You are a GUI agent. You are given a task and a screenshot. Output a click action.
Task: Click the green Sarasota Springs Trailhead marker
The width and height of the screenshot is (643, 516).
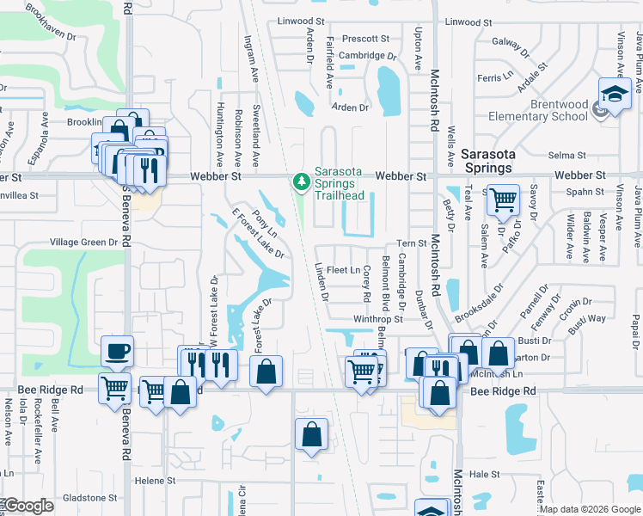[301, 181]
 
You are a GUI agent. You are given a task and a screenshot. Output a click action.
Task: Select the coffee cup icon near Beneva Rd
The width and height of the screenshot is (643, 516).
[117, 351]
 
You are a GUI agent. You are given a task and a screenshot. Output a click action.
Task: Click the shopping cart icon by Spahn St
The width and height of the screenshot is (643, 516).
[503, 201]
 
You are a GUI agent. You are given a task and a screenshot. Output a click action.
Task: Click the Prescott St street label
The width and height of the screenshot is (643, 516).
[365, 39]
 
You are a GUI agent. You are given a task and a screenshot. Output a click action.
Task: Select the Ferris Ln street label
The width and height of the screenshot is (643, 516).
[494, 77]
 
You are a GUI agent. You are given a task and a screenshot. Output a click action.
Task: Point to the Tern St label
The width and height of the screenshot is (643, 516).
[412, 243]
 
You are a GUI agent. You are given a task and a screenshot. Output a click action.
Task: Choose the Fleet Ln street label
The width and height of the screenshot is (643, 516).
[343, 270]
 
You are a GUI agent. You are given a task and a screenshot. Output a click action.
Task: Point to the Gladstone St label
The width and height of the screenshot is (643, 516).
[89, 497]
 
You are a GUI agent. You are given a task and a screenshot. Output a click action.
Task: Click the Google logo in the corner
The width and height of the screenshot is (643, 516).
[28, 507]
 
